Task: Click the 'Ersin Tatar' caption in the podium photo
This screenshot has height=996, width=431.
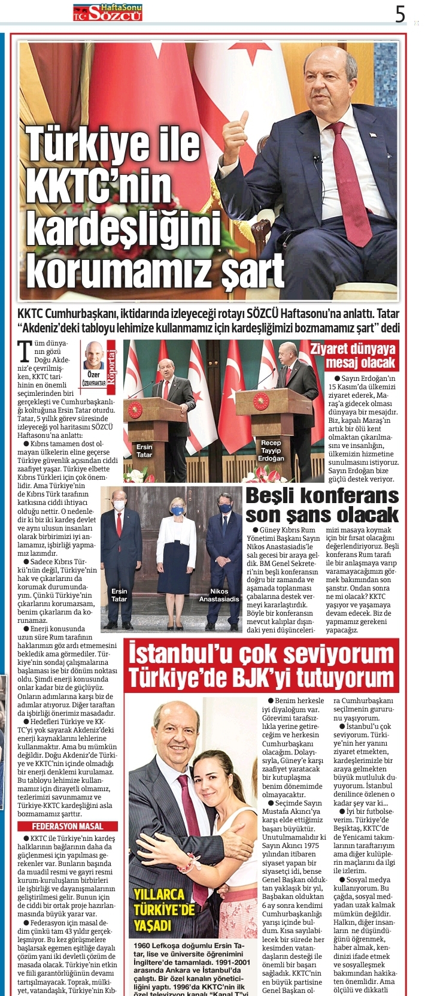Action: point(144,450)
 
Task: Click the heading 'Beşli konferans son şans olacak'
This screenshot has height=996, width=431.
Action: point(322,505)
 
